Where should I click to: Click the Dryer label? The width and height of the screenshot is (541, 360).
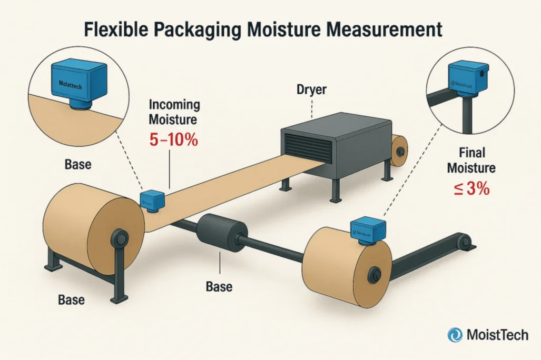click(311, 90)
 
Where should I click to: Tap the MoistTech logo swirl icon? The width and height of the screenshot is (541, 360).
click(455, 335)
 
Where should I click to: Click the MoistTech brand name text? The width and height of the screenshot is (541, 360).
click(497, 335)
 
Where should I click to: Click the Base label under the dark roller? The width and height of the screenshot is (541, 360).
click(219, 287)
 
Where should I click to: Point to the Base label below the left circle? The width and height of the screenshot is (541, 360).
click(77, 165)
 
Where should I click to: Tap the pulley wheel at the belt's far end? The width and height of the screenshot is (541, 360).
click(464, 242)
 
